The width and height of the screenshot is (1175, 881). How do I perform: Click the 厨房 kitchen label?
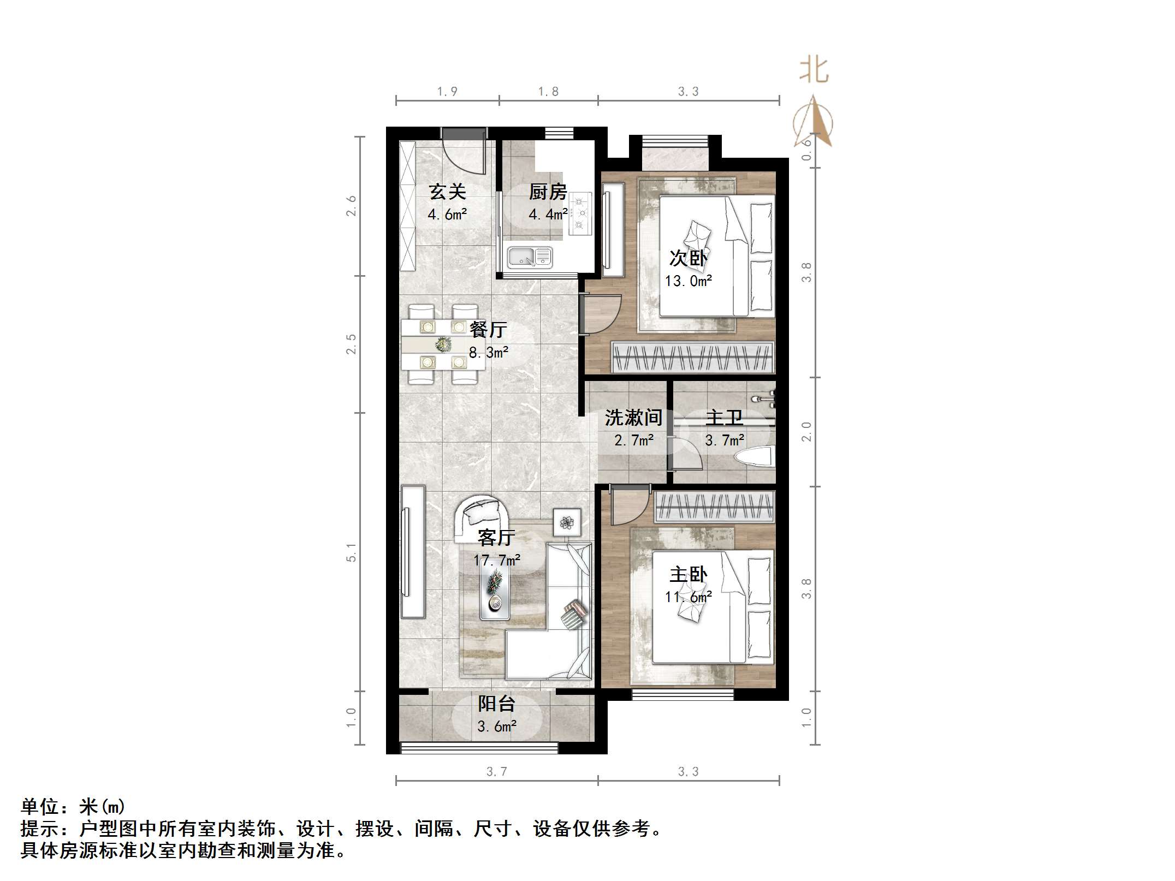(548, 192)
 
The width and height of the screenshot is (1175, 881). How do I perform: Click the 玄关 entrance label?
(447, 192)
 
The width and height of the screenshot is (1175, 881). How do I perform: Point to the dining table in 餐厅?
(443, 344)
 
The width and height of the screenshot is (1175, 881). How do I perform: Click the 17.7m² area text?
(496, 560)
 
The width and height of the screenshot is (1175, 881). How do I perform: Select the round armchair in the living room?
(479, 516)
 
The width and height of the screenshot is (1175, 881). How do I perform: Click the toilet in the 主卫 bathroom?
(755, 457)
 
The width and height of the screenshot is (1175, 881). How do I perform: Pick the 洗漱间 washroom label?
(633, 418)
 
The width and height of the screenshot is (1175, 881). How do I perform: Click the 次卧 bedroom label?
(688, 258)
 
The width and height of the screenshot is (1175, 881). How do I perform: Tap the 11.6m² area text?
(688, 597)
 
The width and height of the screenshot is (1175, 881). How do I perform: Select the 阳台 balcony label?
(496, 704)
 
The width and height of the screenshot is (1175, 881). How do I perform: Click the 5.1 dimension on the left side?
(351, 552)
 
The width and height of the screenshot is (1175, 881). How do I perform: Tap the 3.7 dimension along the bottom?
(496, 771)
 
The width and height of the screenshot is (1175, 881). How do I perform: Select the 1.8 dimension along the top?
(548, 92)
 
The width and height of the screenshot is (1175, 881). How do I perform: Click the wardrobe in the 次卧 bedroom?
(692, 357)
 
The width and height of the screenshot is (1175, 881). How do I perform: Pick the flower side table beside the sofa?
(567, 522)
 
